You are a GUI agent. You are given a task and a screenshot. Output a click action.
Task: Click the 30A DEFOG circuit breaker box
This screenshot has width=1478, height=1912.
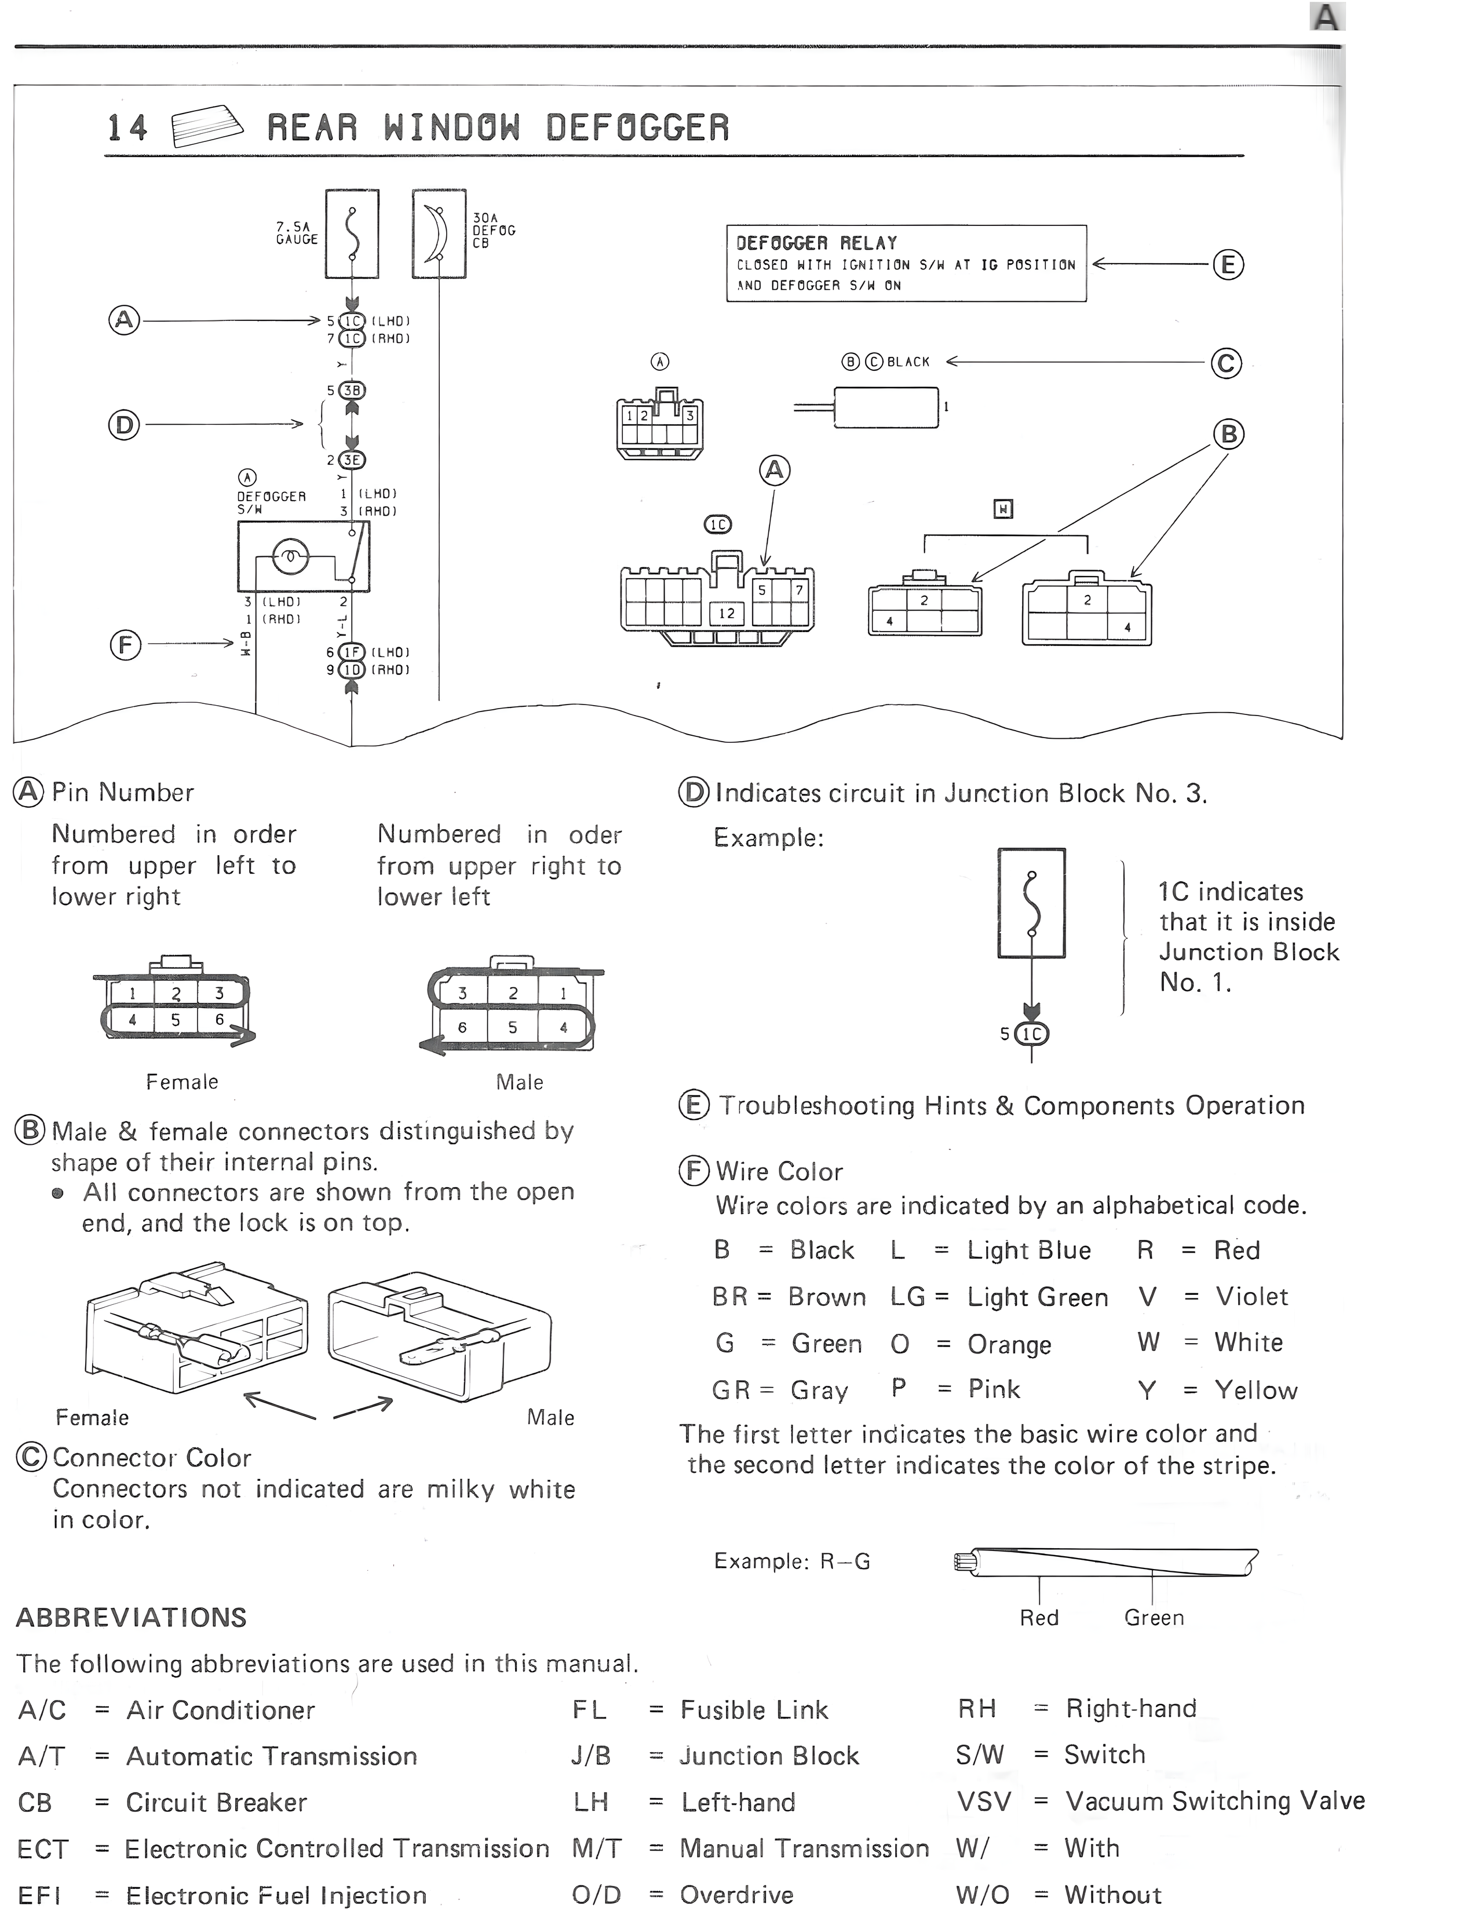439,233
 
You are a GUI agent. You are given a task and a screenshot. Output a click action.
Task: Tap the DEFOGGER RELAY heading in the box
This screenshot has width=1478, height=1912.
816,243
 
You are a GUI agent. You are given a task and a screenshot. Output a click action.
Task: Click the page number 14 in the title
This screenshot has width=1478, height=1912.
127,129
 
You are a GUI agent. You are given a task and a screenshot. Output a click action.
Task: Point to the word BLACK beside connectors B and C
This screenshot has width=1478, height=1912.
908,362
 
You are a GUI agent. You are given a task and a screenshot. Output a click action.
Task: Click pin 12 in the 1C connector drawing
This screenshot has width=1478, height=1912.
727,613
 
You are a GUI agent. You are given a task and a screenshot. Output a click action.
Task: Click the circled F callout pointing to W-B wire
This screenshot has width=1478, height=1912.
125,645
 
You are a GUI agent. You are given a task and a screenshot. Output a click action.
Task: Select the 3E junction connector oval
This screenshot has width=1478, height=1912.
352,459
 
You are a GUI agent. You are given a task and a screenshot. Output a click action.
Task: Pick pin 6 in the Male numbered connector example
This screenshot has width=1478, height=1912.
462,1027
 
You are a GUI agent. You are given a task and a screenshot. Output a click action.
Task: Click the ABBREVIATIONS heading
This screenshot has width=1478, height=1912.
132,1618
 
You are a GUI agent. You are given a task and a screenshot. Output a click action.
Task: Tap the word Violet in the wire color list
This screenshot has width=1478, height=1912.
1251,1297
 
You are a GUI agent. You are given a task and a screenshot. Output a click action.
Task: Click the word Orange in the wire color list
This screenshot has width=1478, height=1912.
1009,1344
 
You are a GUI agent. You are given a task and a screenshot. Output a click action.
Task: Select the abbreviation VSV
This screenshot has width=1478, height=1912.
984,1801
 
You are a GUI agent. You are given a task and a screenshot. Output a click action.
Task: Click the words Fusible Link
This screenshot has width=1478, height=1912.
754,1710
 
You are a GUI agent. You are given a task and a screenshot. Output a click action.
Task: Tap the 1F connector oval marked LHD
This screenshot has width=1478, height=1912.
352,652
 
